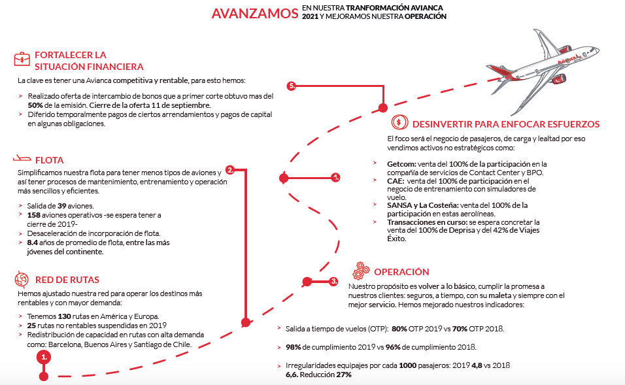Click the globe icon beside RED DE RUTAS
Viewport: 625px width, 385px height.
(x=22, y=280)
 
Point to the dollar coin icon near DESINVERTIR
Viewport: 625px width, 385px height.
(x=399, y=124)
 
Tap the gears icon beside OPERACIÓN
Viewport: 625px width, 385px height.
(x=361, y=271)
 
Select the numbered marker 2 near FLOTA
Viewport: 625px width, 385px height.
(x=230, y=170)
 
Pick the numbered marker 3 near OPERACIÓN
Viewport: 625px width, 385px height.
(x=333, y=281)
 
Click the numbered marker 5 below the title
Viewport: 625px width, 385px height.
(x=292, y=86)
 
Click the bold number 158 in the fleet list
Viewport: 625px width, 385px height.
(x=34, y=214)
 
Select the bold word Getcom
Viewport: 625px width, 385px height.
(x=401, y=164)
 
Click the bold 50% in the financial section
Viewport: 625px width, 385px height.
(x=35, y=105)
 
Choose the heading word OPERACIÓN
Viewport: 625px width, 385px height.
(x=401, y=272)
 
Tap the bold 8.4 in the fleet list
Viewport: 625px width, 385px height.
(x=34, y=243)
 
